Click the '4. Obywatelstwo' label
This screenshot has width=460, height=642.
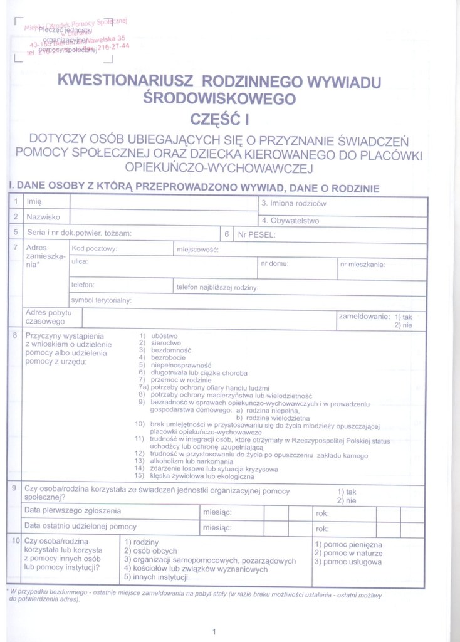[x=290, y=221]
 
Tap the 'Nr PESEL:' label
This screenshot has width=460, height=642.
[x=257, y=235]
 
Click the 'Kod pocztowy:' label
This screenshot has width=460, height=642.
[x=95, y=249]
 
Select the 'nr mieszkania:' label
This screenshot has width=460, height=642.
[x=362, y=264]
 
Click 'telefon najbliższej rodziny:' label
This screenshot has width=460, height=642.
[x=217, y=288]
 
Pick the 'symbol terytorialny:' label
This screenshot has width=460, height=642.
[x=102, y=300]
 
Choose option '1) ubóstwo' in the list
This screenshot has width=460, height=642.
[x=158, y=336]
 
